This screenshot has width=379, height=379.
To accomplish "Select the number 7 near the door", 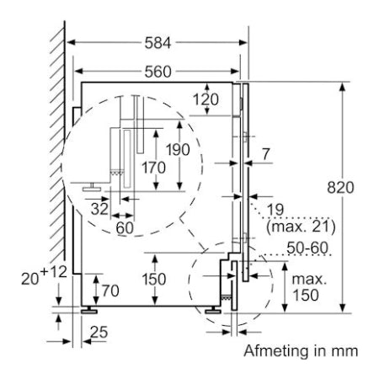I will point(266,153).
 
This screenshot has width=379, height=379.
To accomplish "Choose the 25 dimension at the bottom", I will point(99,334).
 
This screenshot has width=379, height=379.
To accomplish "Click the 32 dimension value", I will point(99,208).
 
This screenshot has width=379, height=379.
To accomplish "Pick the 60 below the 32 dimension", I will point(124,228).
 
